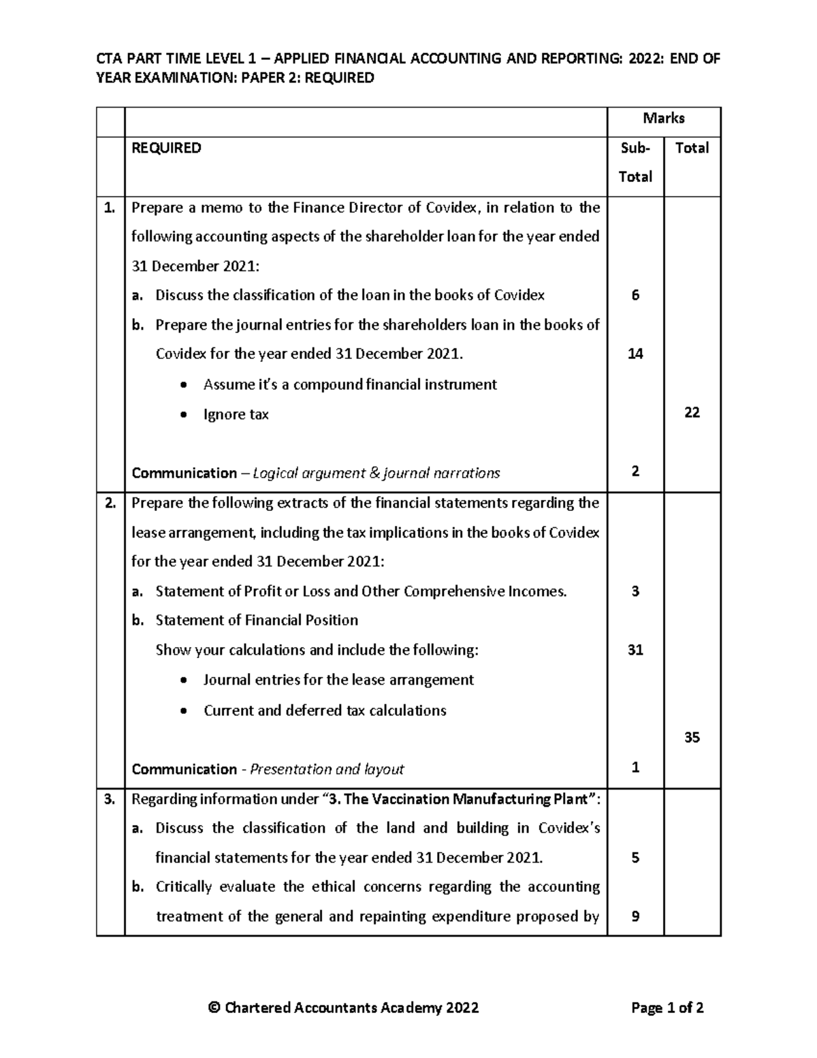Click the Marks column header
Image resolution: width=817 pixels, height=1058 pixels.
663,119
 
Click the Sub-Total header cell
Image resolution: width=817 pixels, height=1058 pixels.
635,162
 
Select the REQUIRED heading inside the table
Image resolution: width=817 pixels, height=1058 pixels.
166,148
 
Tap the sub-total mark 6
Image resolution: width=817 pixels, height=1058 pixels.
635,295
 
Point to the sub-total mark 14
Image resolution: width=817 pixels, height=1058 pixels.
635,354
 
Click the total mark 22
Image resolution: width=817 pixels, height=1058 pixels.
692,412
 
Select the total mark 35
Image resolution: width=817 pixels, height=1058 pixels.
692,737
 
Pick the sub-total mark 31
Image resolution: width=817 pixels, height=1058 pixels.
635,650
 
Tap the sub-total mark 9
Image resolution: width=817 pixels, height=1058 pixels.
635,916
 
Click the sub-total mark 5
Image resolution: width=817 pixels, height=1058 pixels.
635,858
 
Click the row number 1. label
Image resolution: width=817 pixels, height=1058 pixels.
110,208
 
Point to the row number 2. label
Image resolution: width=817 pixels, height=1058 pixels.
110,503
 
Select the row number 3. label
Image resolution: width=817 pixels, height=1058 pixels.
110,799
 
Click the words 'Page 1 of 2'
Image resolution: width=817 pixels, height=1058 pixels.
667,1008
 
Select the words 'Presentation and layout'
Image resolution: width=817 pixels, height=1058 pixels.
327,769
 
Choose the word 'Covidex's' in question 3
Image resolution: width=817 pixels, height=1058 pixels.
568,828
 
